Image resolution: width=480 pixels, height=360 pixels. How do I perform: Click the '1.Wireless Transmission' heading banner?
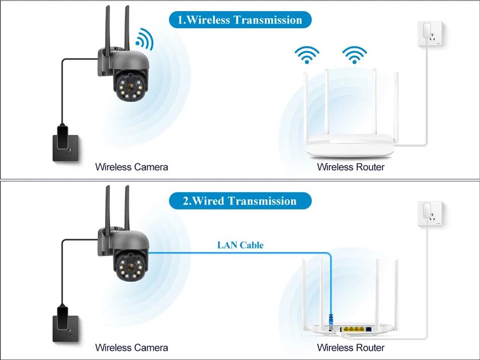(239, 20)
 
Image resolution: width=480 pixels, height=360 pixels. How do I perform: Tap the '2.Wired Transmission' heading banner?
(239, 201)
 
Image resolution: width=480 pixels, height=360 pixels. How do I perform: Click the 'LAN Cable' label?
(241, 245)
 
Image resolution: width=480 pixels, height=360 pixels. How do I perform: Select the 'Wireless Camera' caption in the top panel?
(131, 167)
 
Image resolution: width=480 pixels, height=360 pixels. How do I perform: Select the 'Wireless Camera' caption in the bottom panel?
(131, 347)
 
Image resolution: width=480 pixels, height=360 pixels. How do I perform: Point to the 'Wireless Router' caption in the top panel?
(351, 167)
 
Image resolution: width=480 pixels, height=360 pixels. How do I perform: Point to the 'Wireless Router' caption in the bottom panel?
(351, 347)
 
